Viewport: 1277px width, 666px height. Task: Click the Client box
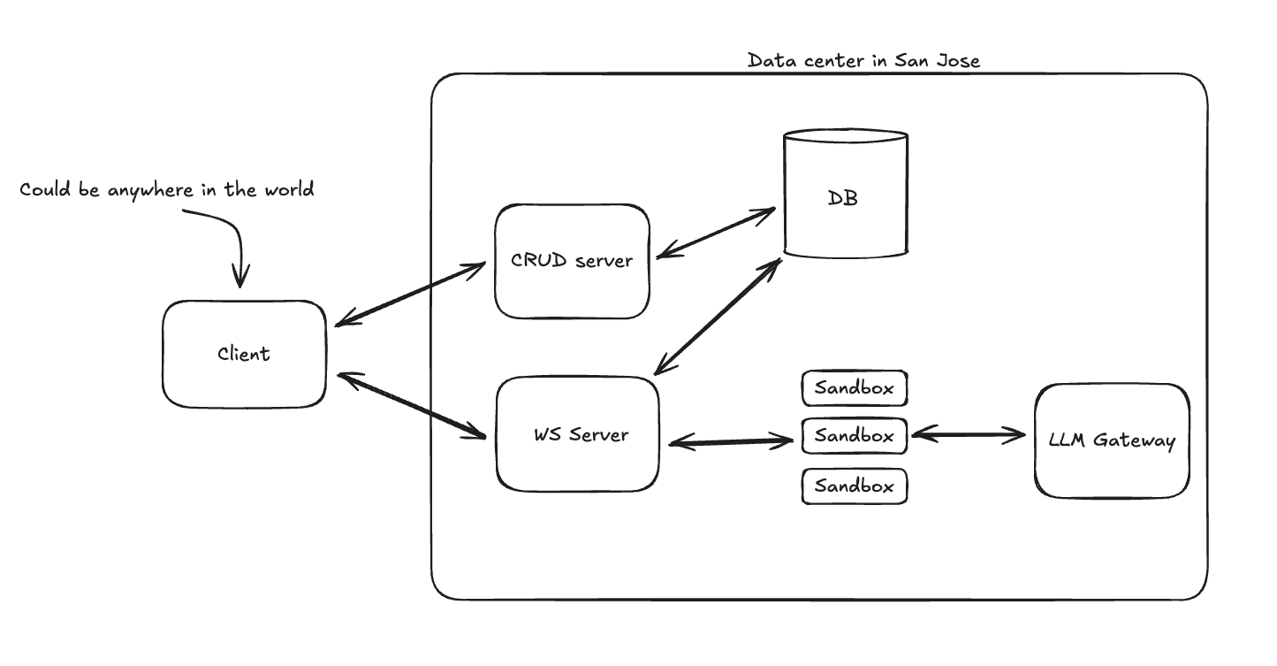click(244, 354)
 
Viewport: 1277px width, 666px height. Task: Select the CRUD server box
click(572, 261)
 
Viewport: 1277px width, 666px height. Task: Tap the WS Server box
click(577, 434)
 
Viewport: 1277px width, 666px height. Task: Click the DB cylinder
click(845, 196)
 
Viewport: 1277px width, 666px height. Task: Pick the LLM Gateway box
click(1112, 440)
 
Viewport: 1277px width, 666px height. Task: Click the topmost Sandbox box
click(854, 387)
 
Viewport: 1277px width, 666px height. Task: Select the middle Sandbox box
click(854, 436)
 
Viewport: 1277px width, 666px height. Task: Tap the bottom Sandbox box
click(854, 486)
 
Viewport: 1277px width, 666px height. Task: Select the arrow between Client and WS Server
click(412, 405)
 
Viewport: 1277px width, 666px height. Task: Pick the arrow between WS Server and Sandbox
click(730, 440)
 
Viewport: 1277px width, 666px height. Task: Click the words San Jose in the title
click(937, 61)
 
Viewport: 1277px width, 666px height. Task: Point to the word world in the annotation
click(287, 189)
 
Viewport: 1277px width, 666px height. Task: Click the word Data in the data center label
click(768, 61)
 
